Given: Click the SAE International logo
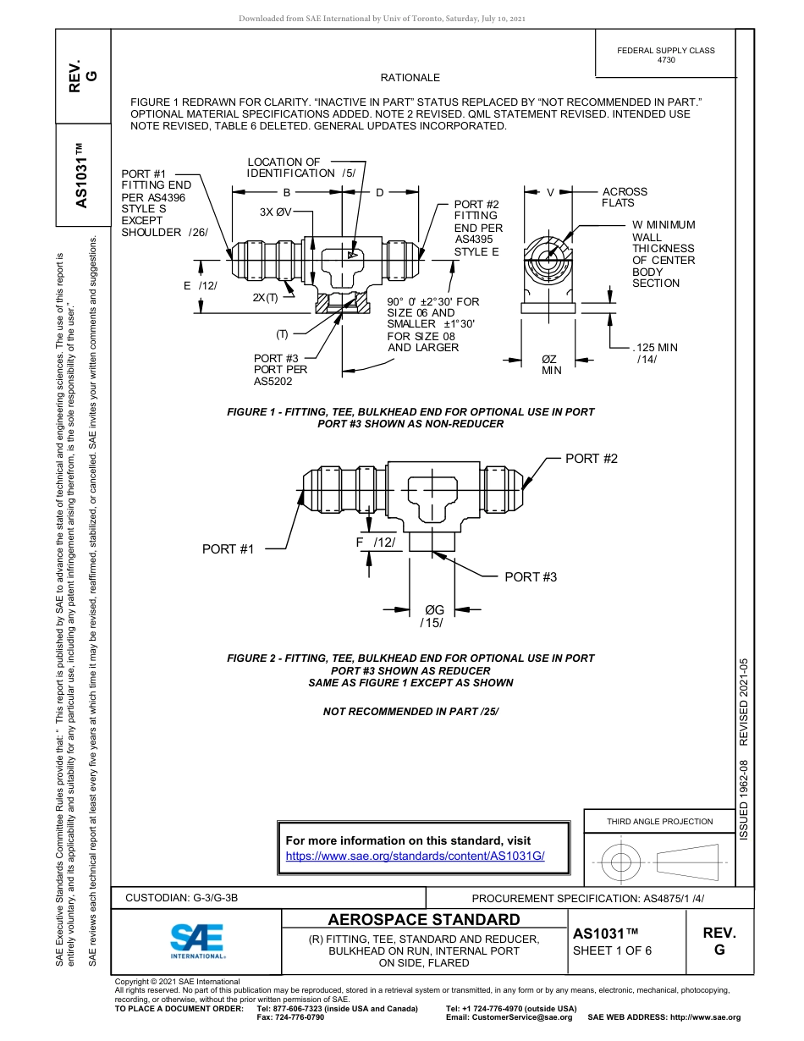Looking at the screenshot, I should tap(196, 939).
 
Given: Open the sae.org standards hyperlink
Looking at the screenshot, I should tap(415, 856).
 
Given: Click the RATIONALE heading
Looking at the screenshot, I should tap(410, 78).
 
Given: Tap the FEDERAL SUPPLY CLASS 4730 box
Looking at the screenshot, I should tap(665, 55).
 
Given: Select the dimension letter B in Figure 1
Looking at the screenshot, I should tap(287, 193).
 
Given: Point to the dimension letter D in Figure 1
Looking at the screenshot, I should tap(379, 193).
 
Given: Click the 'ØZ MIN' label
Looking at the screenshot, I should tap(551, 365).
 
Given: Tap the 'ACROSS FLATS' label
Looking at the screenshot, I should tap(625, 197).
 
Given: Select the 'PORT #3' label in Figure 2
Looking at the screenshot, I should tap(531, 576).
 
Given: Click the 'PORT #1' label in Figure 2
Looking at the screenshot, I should tap(228, 549).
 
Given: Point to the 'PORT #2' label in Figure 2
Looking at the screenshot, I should tap(592, 459).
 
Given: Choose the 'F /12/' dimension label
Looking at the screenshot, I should tap(375, 542).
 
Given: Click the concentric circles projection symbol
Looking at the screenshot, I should tap(621, 862).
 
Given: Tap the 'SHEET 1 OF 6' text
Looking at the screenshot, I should tap(612, 950).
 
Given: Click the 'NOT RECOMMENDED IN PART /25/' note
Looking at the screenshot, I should tap(410, 711).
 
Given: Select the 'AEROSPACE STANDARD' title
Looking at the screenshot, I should tap(424, 919).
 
